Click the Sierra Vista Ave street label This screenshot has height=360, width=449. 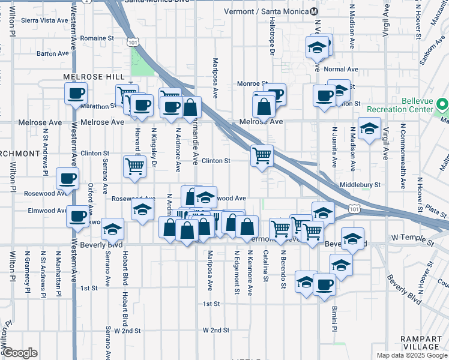pyautogui.click(x=44, y=20)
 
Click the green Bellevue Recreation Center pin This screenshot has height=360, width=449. pyautogui.click(x=443, y=105)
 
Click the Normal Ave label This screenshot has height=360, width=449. pyautogui.click(x=341, y=69)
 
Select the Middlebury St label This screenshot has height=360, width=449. pyautogui.click(x=360, y=185)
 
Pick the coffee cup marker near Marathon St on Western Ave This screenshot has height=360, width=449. pyautogui.click(x=76, y=93)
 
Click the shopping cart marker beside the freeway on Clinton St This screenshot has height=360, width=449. pyautogui.click(x=262, y=155)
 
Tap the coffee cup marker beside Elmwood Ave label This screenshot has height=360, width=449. pyautogui.click(x=77, y=216)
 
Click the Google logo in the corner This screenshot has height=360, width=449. pyautogui.click(x=20, y=353)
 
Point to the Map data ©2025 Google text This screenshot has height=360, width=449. pyautogui.click(x=411, y=355)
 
